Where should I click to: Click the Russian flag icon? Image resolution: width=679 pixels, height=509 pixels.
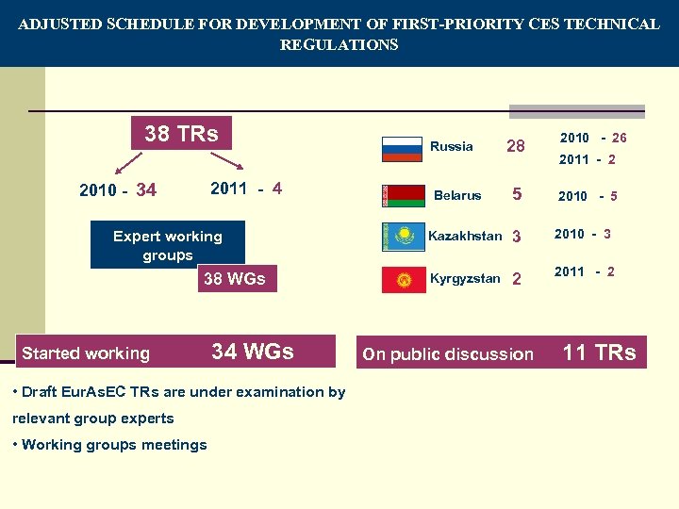coord(402,149)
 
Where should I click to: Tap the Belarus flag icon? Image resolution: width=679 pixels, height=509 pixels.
coord(402,195)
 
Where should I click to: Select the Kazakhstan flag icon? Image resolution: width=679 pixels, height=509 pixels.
coord(403,237)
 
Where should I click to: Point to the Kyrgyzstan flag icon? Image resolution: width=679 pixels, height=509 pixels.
coord(403,280)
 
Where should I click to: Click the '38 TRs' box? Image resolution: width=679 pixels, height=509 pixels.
coord(181,134)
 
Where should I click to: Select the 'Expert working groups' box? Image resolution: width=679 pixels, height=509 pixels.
coord(167,245)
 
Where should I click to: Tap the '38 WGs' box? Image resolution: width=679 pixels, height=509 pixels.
coord(234,278)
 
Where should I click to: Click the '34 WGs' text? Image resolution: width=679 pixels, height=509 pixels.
coord(253,352)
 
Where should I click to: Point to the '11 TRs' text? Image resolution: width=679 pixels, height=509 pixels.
coord(599,353)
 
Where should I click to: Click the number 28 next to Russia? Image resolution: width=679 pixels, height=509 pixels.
coord(516,146)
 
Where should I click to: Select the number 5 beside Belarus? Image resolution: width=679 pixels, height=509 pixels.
coord(517,195)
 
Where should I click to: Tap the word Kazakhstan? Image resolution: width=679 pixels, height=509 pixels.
coord(465,236)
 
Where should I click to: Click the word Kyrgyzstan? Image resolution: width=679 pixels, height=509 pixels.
coord(465,279)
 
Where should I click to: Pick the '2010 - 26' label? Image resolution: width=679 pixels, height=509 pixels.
coord(593,138)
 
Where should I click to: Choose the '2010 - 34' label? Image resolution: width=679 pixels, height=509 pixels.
coord(118,191)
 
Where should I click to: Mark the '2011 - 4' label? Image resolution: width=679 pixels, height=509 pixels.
coord(246,188)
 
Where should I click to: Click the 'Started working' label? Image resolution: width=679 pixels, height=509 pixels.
coord(86,353)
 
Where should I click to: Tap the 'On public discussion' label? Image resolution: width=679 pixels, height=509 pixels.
coord(448,354)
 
